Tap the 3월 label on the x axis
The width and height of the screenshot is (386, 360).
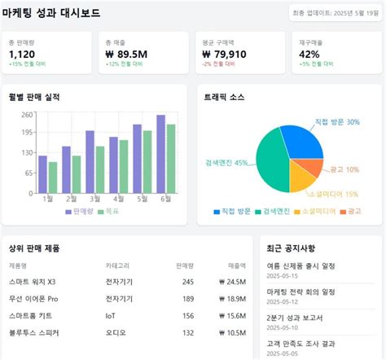[96, 198]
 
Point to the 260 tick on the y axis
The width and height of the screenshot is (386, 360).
[28, 115]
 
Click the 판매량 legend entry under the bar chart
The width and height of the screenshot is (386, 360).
[78, 211]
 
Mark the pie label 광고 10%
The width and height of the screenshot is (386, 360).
[345, 169]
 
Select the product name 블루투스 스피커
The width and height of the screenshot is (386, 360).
[33, 332]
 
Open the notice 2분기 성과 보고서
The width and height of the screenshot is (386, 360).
[295, 318]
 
